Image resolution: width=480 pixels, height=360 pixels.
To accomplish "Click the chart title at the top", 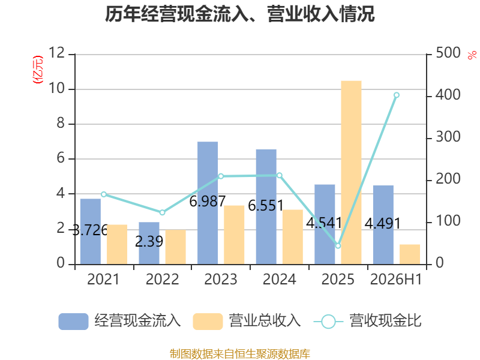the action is pyautogui.click(x=239, y=14).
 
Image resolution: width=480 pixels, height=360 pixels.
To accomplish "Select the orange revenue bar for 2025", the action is pyautogui.click(x=351, y=172).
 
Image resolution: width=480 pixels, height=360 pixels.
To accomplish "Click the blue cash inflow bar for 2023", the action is pyautogui.click(x=208, y=203).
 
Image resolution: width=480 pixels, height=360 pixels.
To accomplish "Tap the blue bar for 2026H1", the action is pyautogui.click(x=383, y=224).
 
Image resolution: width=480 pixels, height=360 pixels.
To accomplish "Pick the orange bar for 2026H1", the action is pyautogui.click(x=410, y=254).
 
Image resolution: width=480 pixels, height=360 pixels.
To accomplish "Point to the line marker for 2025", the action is pyautogui.click(x=338, y=245).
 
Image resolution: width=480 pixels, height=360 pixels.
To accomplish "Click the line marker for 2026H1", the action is pyautogui.click(x=397, y=95).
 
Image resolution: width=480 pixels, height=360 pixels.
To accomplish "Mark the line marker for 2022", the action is pyautogui.click(x=162, y=212).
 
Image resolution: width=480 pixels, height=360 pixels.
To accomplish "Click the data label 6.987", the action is pyautogui.click(x=207, y=202).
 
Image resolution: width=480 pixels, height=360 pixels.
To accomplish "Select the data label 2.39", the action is pyautogui.click(x=149, y=242).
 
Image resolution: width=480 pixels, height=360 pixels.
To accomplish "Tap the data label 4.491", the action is pyautogui.click(x=383, y=223).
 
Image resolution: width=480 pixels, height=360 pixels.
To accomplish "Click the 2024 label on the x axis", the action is pyautogui.click(x=279, y=279).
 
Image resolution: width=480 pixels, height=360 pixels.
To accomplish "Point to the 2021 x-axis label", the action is pyautogui.click(x=103, y=279).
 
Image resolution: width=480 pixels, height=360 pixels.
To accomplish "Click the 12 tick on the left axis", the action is pyautogui.click(x=57, y=53).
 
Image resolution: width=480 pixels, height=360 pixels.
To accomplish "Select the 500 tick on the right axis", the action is pyautogui.click(x=448, y=53).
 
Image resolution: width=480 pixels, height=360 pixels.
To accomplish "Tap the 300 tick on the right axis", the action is pyautogui.click(x=448, y=137).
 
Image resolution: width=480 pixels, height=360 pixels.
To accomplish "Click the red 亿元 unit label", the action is pyautogui.click(x=38, y=70).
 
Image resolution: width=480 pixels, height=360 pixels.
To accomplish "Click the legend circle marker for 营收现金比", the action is pyautogui.click(x=328, y=322).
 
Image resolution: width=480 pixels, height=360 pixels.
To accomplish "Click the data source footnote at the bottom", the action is pyautogui.click(x=239, y=354).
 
